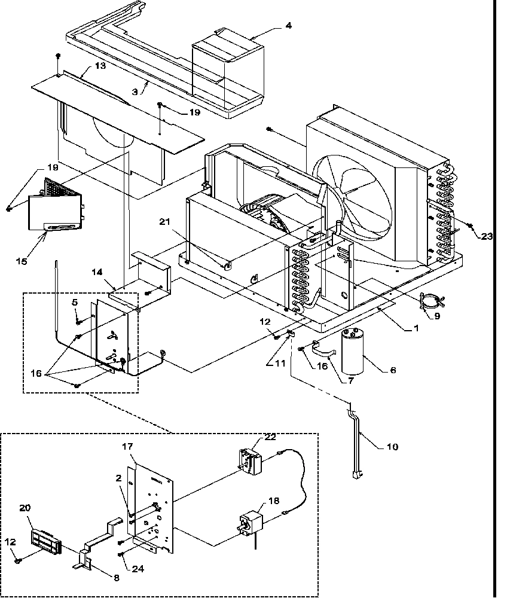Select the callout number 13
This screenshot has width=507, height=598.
[100, 65]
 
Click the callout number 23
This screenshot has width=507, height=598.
[487, 236]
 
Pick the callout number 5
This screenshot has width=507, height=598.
[75, 303]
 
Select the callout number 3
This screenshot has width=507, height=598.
[136, 91]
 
